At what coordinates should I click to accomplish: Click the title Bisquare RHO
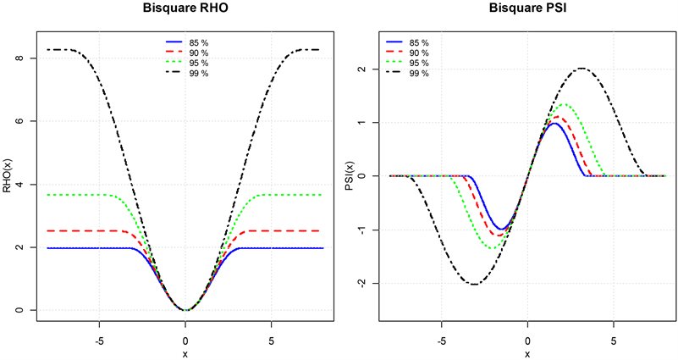pos(185,9)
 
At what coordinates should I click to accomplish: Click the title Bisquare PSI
pos(526,9)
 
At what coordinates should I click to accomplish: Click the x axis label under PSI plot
pos(526,352)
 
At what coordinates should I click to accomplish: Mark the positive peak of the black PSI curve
pos(582,69)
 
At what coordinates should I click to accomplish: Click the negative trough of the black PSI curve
pos(473,284)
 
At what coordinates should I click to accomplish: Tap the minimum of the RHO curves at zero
pos(185,310)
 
